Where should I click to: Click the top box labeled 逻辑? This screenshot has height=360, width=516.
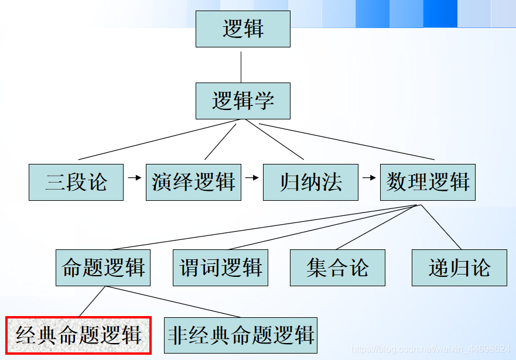coord(243,29)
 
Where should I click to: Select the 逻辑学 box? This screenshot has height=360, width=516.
coord(243,101)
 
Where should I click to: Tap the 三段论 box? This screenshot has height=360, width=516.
coord(76,182)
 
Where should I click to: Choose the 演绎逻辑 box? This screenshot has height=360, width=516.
coord(193,182)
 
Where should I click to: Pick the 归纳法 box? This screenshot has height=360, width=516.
coord(310,182)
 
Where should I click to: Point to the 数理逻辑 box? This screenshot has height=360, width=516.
coord(428,182)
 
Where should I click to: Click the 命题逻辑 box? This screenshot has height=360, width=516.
coord(103,268)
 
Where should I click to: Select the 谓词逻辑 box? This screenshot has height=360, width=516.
coord(220,268)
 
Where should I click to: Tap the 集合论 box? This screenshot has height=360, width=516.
coord(337,268)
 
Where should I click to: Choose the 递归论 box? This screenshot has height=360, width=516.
coord(459,268)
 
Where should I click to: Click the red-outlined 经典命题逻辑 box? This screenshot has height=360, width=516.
coord(78,335)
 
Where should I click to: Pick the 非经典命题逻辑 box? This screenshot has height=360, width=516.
coord(241,335)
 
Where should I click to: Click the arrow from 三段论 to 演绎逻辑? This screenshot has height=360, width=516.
coord(135,177)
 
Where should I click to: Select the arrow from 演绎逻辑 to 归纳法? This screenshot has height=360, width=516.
coord(252,177)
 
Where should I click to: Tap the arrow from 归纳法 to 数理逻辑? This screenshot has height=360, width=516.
coord(369,177)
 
